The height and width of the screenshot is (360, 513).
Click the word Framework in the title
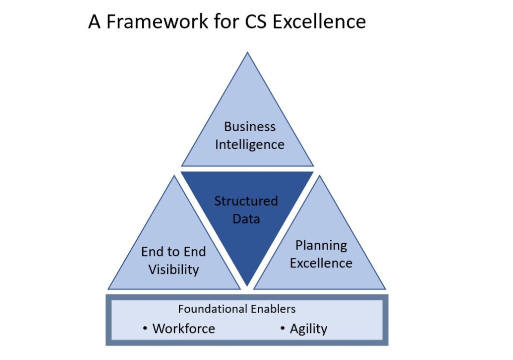click(157, 22)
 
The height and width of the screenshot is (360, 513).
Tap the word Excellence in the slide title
click(319, 22)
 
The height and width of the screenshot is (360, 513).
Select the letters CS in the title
click(256, 22)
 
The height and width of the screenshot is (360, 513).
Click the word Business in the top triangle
click(249, 127)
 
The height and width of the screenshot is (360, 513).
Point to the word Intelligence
click(249, 145)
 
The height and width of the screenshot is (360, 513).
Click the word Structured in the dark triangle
click(246, 201)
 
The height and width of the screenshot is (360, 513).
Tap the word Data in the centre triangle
click(246, 219)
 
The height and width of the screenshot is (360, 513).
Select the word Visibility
click(173, 270)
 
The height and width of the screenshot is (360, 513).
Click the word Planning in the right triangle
click(321, 245)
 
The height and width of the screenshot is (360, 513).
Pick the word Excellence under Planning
click(321, 263)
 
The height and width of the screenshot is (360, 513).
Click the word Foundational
click(213, 309)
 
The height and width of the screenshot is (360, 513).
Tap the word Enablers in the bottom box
click(273, 309)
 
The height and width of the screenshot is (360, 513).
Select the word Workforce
click(183, 328)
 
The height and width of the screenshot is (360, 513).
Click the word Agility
click(308, 329)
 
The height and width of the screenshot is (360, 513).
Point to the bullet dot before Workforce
click(145, 328)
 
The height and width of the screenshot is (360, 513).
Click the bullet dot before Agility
click(283, 328)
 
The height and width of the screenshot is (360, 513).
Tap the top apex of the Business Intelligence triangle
click(247, 53)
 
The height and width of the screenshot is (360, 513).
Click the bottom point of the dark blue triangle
click(247, 285)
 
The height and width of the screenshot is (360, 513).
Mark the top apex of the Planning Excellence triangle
click(319, 176)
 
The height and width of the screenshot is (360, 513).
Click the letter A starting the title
click(94, 22)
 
